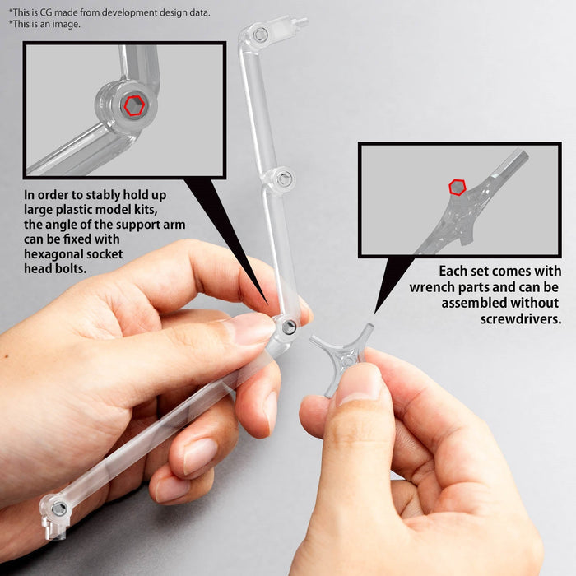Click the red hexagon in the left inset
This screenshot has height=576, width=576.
click(133, 105)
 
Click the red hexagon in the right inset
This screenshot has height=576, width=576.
click(457, 188)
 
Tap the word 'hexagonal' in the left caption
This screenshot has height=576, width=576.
click(54, 254)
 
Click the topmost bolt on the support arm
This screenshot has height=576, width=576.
click(259, 35)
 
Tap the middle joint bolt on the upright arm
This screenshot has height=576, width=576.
click(283, 178)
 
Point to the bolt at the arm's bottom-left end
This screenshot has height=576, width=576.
click(58, 508)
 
